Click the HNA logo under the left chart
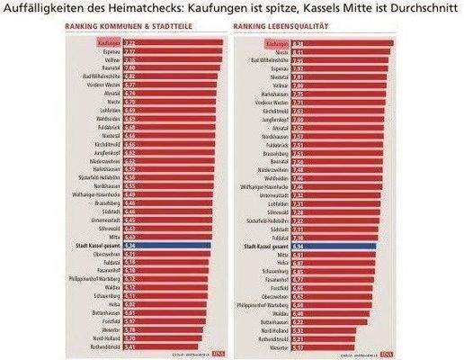click(205, 354)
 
